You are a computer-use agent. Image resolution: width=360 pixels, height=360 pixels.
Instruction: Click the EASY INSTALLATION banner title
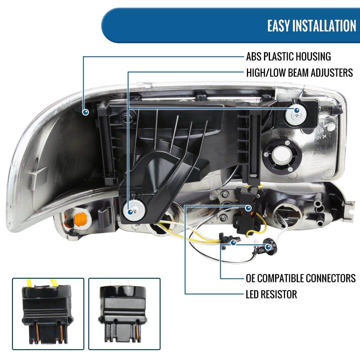[311, 26]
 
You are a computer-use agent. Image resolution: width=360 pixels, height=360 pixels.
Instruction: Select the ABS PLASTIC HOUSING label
[288, 56]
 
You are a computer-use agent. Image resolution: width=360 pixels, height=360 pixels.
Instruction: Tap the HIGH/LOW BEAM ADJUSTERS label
[299, 73]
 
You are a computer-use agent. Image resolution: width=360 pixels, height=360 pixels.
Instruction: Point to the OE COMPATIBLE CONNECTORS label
[301, 278]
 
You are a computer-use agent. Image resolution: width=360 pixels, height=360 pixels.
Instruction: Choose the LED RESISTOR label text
[271, 294]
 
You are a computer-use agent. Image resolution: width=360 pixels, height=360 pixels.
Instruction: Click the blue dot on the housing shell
[86, 112]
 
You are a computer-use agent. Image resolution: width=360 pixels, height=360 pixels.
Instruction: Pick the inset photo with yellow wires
[48, 313]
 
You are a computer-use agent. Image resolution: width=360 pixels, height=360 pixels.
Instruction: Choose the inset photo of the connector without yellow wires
[124, 313]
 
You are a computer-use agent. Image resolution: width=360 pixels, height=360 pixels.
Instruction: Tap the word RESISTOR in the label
[279, 294]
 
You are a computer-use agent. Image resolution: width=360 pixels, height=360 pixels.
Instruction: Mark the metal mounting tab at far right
[349, 208]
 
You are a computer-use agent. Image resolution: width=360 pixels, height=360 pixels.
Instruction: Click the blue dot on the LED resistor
[248, 208]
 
